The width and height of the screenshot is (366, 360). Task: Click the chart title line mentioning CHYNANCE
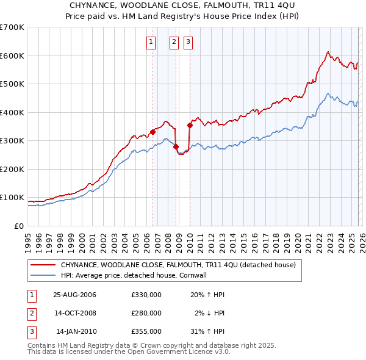pyautogui.click(x=182, y=5)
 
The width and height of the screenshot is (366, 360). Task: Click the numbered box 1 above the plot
pyautogui.click(x=151, y=42)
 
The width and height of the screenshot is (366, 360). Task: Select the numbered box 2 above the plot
pyautogui.click(x=174, y=42)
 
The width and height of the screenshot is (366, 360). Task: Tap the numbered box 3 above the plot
pyautogui.click(x=188, y=42)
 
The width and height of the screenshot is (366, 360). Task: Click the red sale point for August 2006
pyautogui.click(x=153, y=132)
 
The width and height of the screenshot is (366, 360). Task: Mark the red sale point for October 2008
pyautogui.click(x=176, y=146)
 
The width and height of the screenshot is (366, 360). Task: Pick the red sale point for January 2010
pyautogui.click(x=190, y=125)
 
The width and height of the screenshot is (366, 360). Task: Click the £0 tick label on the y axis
pyautogui.click(x=20, y=226)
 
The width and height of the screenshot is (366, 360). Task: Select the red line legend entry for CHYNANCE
pyautogui.click(x=178, y=265)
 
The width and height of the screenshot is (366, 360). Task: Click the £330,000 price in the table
pyautogui.click(x=146, y=295)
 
